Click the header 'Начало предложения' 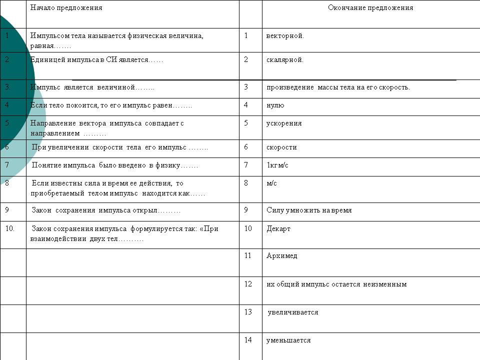point(66,8)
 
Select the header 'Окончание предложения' point(370,8)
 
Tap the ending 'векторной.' point(285,36)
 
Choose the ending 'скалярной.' point(285,60)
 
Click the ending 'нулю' point(275,105)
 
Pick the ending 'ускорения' point(284,123)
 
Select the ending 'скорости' point(281,147)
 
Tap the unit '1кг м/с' point(277,165)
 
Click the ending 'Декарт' point(278,229)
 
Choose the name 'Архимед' point(282,256)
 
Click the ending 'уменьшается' point(288,340)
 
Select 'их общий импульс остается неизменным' point(336,284)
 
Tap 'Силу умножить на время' point(309,210)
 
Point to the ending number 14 point(248,340)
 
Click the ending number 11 point(248,256)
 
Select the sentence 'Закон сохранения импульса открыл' point(106,210)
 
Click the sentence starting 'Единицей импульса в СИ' point(97,60)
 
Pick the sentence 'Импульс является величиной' point(92,87)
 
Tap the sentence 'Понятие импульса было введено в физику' point(115,165)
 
